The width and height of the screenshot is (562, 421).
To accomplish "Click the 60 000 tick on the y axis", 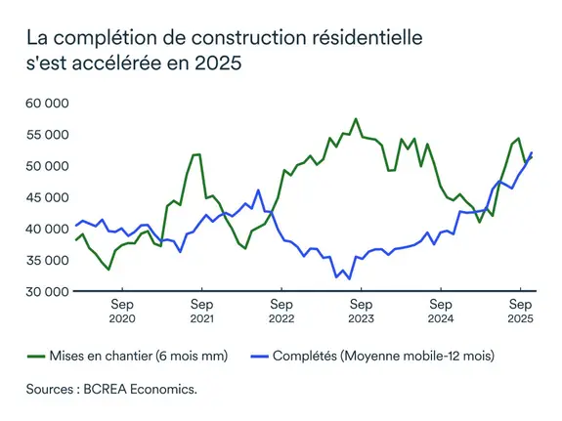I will pos(47,103).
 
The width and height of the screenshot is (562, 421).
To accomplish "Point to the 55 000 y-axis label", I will pos(47,134).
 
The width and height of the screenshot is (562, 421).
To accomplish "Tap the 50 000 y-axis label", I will pos(47,165).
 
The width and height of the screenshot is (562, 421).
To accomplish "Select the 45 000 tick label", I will pos(47,196).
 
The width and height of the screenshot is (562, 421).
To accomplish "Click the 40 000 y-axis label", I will pos(47,229).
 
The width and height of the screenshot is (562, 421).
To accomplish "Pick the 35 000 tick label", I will pos(47,260).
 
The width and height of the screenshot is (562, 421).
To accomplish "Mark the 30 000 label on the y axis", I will pos(47,291).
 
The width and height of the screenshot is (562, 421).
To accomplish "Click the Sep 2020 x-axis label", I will pos(121,311).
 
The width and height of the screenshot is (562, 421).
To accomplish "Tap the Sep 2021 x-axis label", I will pos(200,311).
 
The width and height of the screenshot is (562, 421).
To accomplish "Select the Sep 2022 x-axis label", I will pos(281,311).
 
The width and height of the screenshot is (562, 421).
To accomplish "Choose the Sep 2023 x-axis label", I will pos(360,311).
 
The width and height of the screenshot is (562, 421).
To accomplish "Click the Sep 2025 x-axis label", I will pos(519,311).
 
